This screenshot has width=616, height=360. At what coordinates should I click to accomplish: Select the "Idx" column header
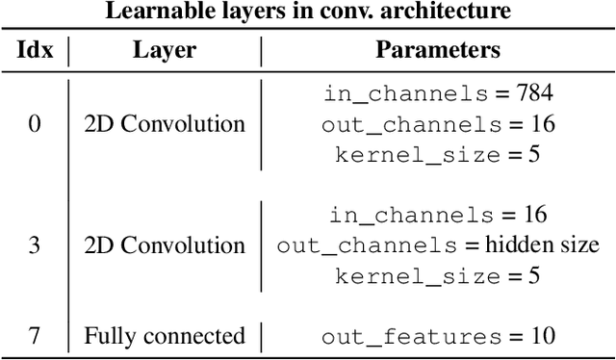(35, 50)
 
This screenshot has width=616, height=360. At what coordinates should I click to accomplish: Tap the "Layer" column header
(164, 50)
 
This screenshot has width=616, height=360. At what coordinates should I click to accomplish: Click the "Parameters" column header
(437, 50)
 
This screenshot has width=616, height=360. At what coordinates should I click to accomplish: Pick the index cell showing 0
(35, 124)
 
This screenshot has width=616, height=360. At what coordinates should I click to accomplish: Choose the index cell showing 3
(35, 245)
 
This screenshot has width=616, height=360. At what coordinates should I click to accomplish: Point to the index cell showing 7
(35, 336)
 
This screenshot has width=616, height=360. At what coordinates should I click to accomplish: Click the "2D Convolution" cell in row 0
(164, 124)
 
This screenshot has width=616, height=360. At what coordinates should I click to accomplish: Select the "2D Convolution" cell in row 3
(164, 245)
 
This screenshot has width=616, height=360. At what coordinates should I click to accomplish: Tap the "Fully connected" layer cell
(164, 336)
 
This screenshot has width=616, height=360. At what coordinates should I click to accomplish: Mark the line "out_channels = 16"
(437, 124)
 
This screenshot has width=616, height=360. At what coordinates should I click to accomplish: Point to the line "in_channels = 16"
(437, 215)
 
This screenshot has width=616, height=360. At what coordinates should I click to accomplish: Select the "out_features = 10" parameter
(437, 336)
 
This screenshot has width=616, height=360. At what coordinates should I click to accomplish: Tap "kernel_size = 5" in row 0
(437, 154)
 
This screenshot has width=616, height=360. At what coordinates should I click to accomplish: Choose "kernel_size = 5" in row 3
(437, 275)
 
